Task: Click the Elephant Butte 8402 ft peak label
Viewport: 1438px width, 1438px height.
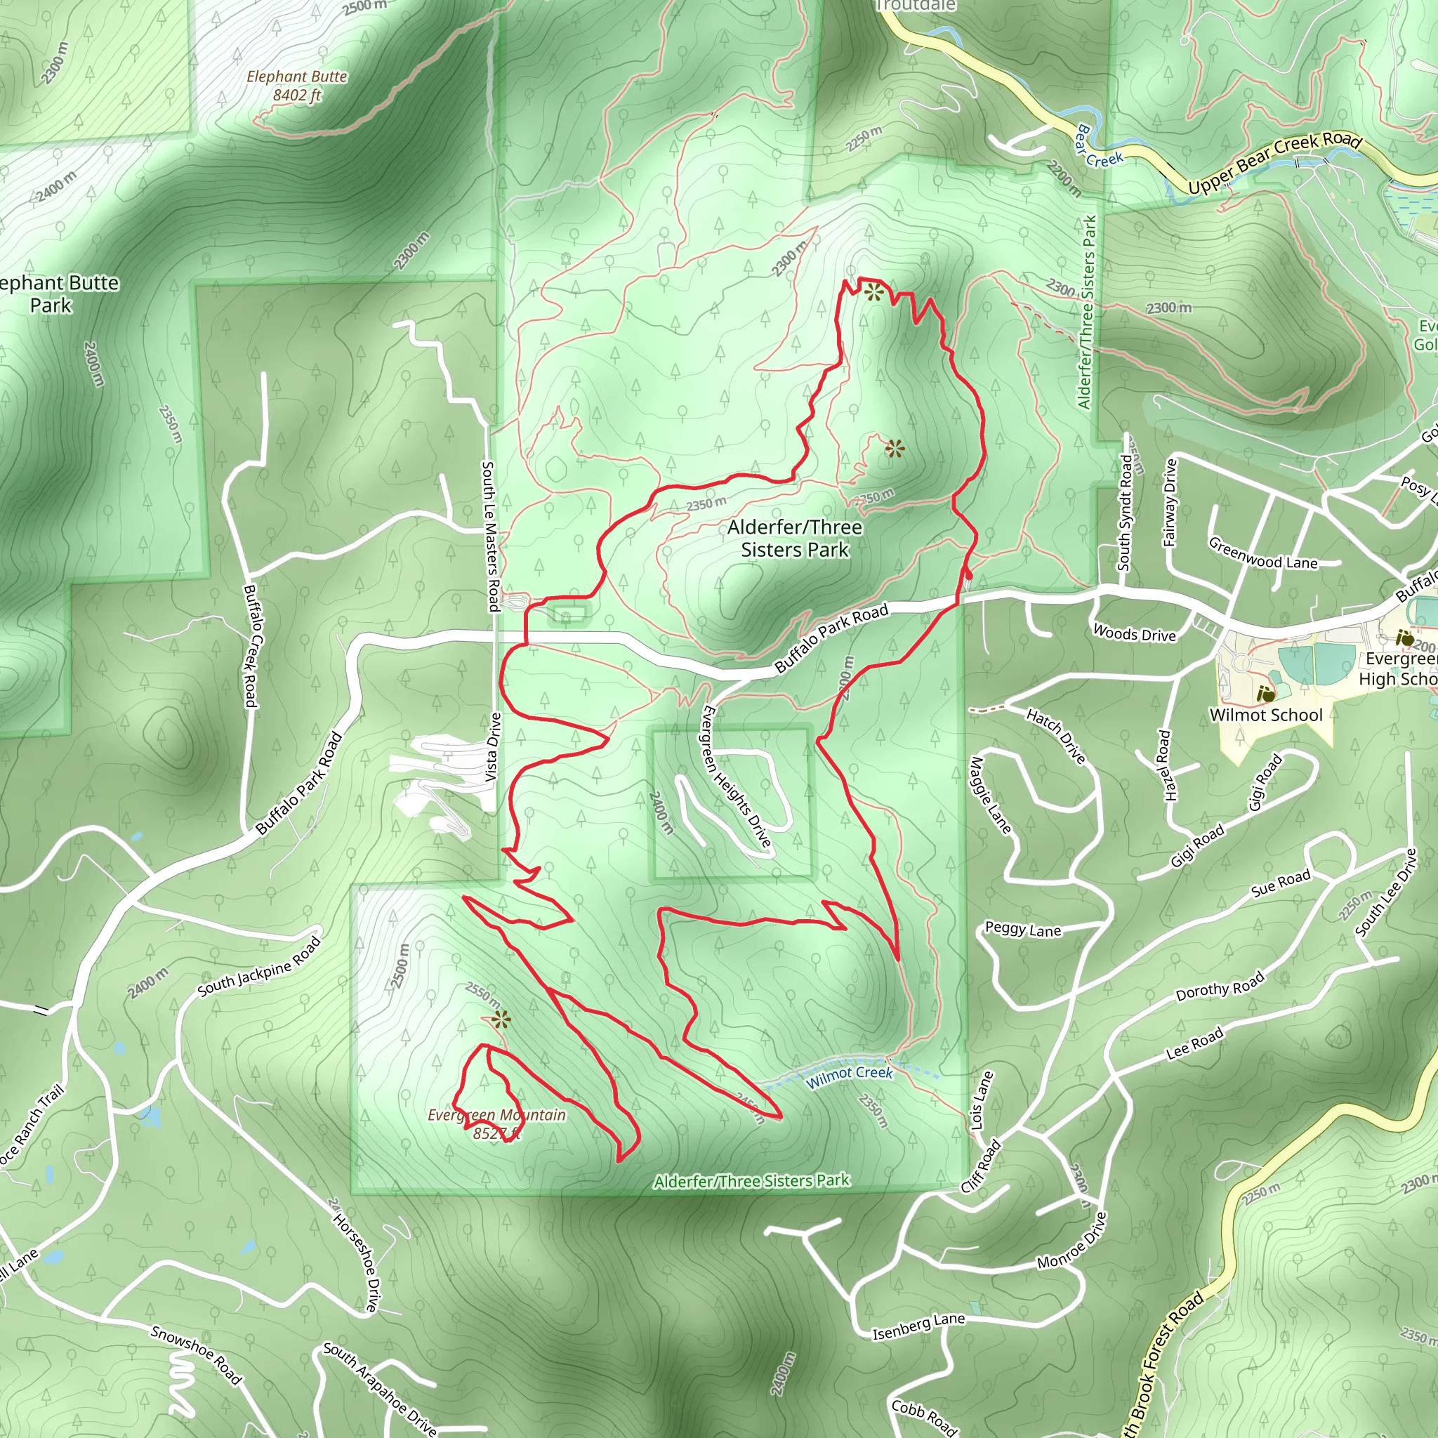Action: point(297,86)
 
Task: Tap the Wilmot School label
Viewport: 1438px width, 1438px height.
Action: point(1265,715)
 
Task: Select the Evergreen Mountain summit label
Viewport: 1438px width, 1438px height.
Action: point(496,1124)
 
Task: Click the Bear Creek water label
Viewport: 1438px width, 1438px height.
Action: point(1098,147)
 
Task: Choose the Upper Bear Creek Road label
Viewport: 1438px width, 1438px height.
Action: point(1274,162)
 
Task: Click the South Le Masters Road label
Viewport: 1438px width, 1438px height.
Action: point(490,536)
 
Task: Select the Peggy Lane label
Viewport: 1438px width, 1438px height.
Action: point(1022,930)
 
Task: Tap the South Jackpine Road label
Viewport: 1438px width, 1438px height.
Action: point(259,966)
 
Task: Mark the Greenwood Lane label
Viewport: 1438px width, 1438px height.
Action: point(1262,554)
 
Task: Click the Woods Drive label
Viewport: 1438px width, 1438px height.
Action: point(1135,633)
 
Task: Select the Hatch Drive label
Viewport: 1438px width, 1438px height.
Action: point(1056,736)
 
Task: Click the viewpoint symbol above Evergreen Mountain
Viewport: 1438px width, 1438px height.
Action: point(501,1020)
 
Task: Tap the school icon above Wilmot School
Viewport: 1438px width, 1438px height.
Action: point(1265,694)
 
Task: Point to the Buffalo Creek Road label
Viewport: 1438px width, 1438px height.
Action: point(250,645)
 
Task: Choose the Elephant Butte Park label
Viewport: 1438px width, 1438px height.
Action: point(56,294)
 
